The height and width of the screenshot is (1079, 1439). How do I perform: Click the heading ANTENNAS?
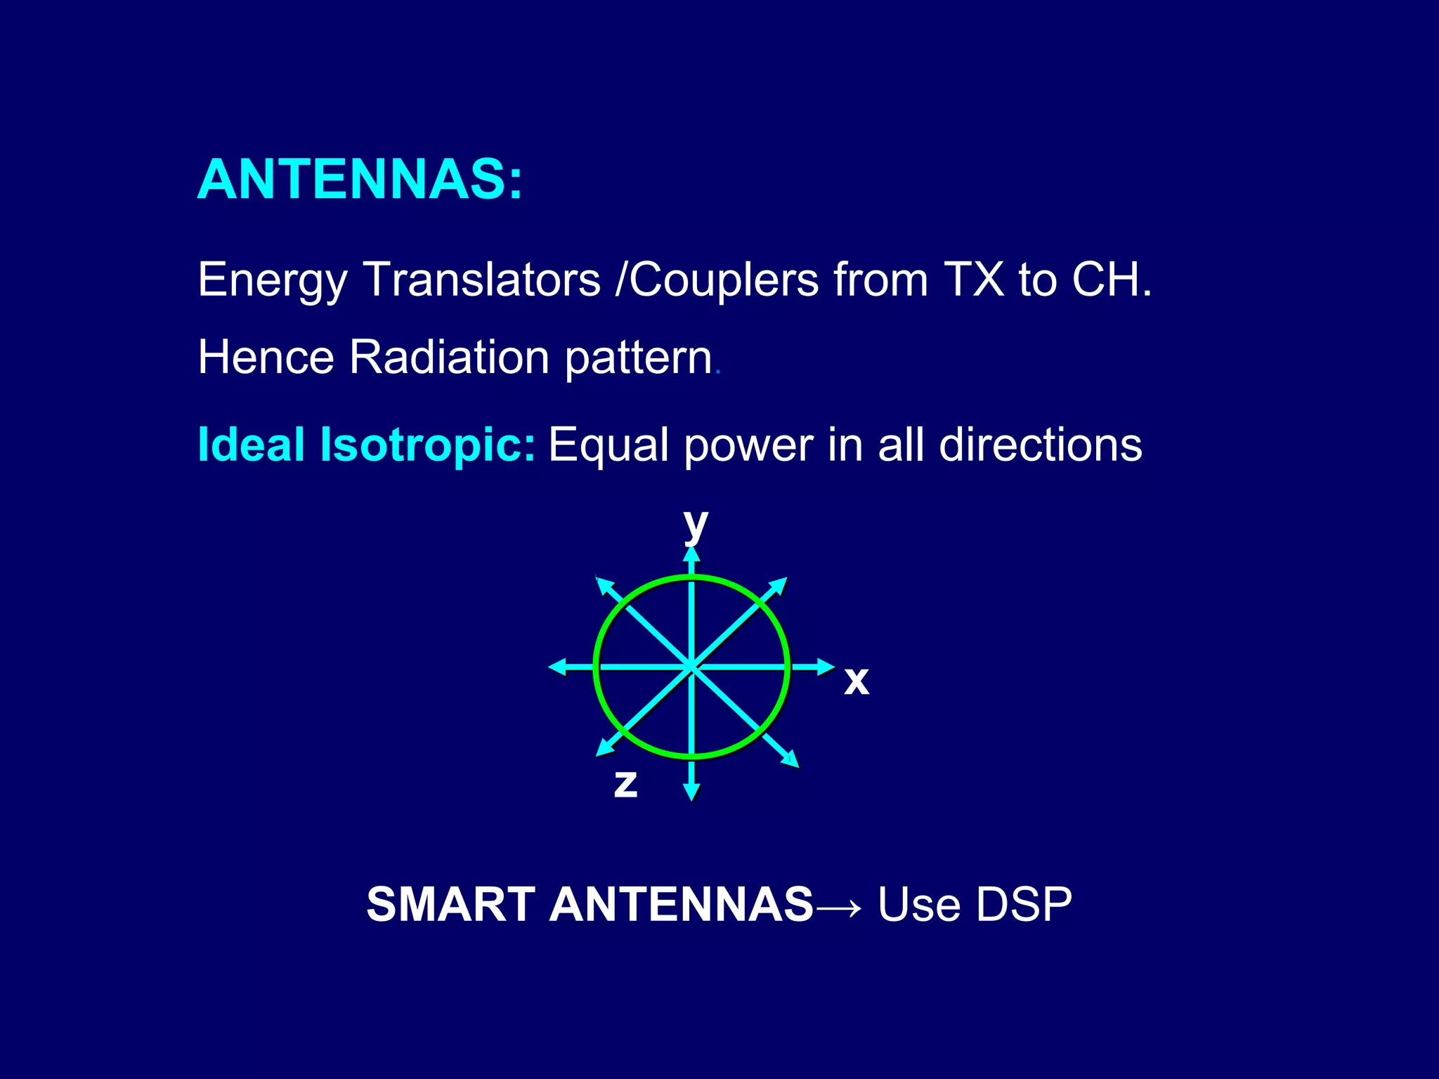tap(360, 180)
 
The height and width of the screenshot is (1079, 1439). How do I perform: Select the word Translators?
tap(482, 280)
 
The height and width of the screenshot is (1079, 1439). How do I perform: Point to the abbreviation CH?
tap(1110, 280)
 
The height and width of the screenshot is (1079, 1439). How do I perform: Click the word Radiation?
tap(449, 358)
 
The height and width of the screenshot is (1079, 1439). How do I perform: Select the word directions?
tap(1040, 445)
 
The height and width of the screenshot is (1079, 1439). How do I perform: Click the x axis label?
tap(857, 681)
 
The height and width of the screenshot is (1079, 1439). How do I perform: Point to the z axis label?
tap(625, 783)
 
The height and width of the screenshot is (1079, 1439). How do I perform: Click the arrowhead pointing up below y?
tap(692, 555)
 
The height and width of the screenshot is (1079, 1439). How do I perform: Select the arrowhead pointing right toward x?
tap(826, 667)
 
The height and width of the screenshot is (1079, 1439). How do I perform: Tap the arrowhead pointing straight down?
tap(692, 792)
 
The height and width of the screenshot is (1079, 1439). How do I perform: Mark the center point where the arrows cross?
tap(692, 667)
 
